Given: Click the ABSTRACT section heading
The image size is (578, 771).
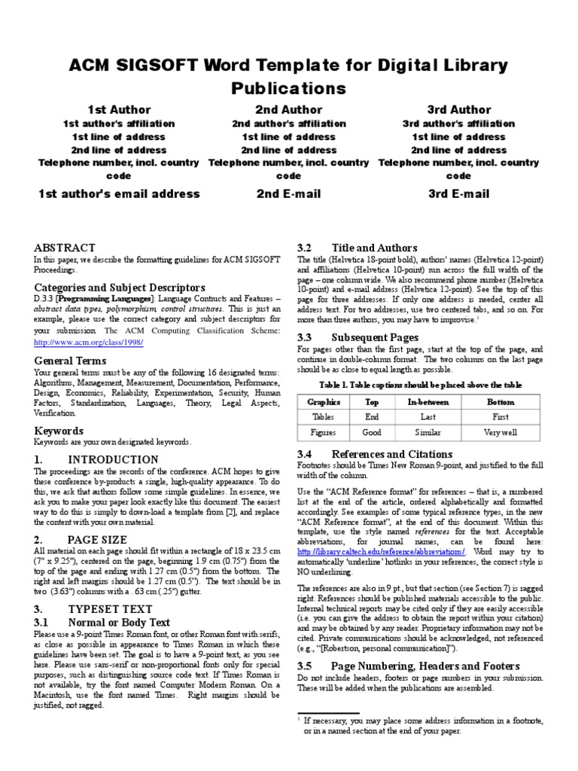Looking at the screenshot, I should (65, 248).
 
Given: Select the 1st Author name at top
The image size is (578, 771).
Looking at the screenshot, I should (119, 110).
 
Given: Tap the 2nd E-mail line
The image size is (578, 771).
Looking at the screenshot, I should (288, 194).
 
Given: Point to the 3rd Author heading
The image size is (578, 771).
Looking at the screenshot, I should (458, 110).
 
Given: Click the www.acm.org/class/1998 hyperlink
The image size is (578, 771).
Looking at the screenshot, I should (89, 343).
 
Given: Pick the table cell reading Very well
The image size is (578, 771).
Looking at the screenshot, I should (500, 433).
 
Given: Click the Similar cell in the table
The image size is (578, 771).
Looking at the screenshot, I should (427, 433).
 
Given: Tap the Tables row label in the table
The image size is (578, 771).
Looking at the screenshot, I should (324, 417).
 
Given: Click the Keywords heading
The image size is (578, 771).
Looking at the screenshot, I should (59, 431).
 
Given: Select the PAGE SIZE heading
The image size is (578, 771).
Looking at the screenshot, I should (96, 539).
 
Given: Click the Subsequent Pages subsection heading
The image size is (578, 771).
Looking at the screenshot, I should (357, 338).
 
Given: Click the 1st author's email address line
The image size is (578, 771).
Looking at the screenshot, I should (119, 194).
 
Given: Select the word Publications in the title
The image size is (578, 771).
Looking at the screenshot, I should (288, 87).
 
